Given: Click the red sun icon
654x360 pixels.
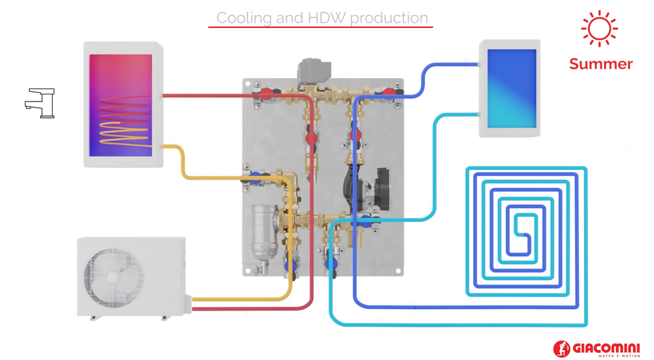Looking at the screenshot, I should tap(599, 29).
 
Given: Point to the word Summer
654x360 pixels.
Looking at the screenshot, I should tap(601, 64).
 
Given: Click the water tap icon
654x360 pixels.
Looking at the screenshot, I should tap(41, 103).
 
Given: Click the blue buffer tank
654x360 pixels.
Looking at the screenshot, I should tap(511, 88).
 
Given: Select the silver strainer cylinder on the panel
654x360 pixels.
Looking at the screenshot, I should tap(263, 231).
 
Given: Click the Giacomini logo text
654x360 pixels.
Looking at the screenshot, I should tap(606, 347).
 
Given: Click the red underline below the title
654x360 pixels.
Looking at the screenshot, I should tap(320, 27).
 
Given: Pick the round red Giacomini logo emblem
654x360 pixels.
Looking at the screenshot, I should tap(561, 349).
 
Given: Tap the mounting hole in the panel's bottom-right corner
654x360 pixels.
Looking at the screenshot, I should tap(398, 271).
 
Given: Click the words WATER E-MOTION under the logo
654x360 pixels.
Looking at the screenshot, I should tap(619, 356).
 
